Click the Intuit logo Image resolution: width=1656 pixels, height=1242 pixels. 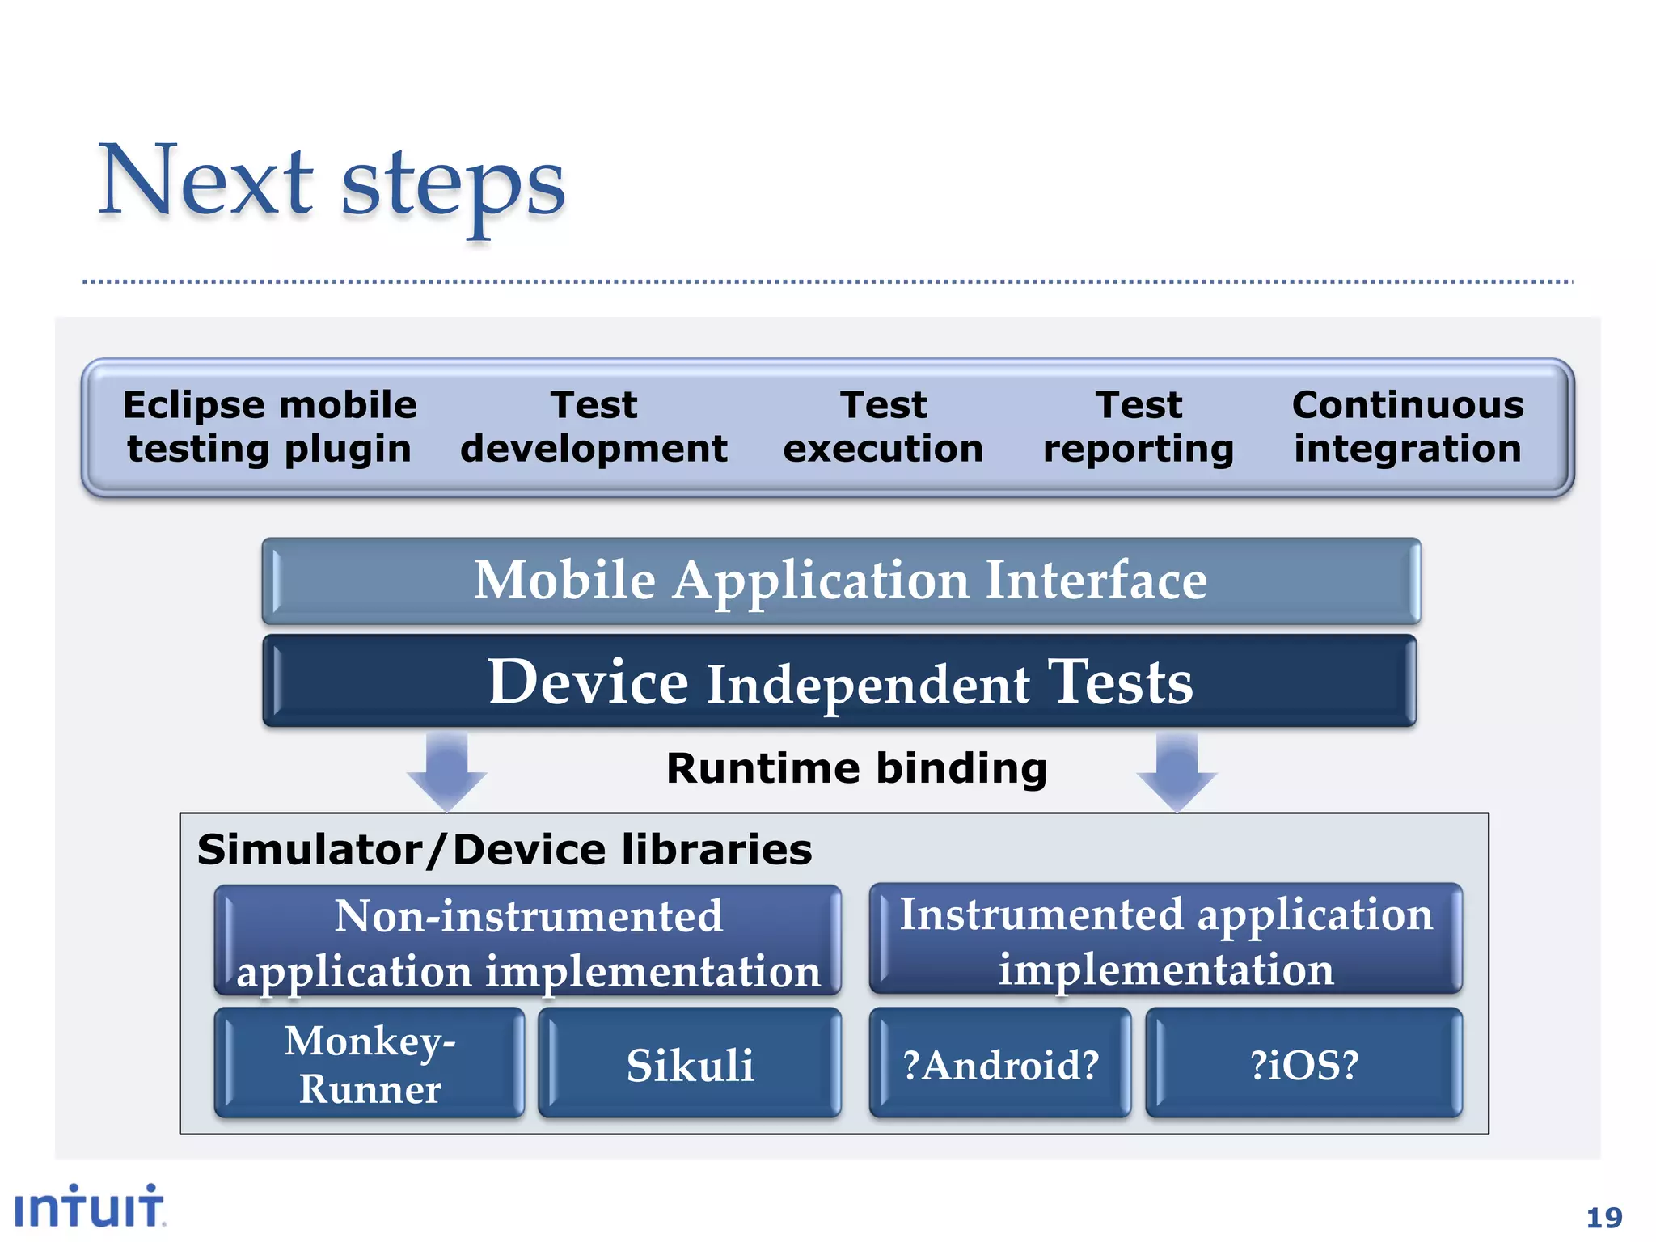89,1206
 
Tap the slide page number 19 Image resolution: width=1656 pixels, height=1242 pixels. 1603,1218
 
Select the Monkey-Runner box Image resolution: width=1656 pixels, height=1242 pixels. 370,1063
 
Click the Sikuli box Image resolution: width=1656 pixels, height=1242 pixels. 690,1064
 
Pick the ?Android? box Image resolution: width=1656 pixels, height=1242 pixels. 1000,1064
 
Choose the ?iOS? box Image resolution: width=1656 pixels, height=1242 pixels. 1303,1064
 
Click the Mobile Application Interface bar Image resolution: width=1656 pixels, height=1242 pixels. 841,581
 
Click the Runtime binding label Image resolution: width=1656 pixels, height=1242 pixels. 856,768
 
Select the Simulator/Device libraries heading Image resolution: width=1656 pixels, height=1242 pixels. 505,850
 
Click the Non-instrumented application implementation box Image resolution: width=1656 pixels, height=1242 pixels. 528,941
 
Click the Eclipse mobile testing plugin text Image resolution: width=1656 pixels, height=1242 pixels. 269,427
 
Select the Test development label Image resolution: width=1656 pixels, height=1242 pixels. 594,427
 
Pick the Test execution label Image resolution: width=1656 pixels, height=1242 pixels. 883,427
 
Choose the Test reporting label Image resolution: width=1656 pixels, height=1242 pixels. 1138,427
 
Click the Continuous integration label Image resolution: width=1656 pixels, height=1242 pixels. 1408,427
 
